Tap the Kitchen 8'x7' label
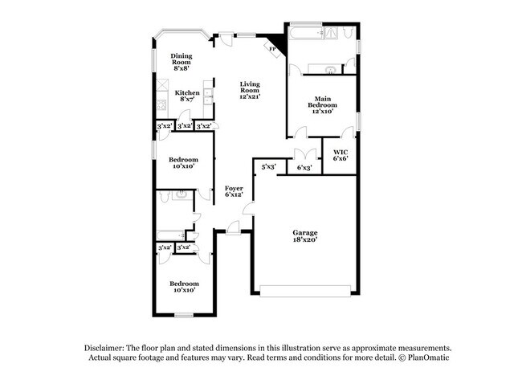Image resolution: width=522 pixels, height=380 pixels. (187, 96)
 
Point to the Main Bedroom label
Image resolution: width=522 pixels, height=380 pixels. (323, 104)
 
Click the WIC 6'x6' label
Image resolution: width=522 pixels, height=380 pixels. (340, 154)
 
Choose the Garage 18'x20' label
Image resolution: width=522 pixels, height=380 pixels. (304, 235)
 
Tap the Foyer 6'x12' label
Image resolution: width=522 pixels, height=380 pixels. (234, 192)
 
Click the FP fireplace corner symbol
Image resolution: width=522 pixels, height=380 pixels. (273, 49)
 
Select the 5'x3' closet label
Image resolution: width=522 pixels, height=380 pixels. (268, 167)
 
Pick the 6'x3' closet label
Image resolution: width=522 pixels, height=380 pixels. (304, 168)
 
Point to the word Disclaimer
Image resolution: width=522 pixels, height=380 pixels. (107, 348)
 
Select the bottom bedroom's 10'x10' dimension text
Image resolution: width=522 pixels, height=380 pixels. (183, 290)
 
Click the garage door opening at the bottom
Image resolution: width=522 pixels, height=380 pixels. (304, 290)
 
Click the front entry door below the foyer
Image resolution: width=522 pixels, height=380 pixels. (234, 231)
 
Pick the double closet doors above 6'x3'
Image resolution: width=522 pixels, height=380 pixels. (304, 155)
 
